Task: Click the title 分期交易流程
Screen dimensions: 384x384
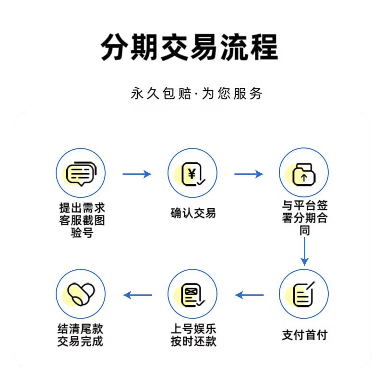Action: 190,47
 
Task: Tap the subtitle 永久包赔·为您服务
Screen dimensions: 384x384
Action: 197,93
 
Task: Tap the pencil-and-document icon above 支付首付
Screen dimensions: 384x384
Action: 304,294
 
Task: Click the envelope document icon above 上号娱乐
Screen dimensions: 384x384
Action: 192,294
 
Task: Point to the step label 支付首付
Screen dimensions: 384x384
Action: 304,335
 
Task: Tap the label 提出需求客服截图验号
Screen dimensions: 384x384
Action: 81,220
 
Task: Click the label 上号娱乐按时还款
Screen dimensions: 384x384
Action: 193,335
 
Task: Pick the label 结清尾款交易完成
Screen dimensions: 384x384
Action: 80,335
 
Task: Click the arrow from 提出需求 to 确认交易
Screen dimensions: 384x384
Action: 137,174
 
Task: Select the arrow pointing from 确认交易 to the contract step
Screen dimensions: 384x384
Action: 249,174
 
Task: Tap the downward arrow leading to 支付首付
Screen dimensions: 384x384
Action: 304,251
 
